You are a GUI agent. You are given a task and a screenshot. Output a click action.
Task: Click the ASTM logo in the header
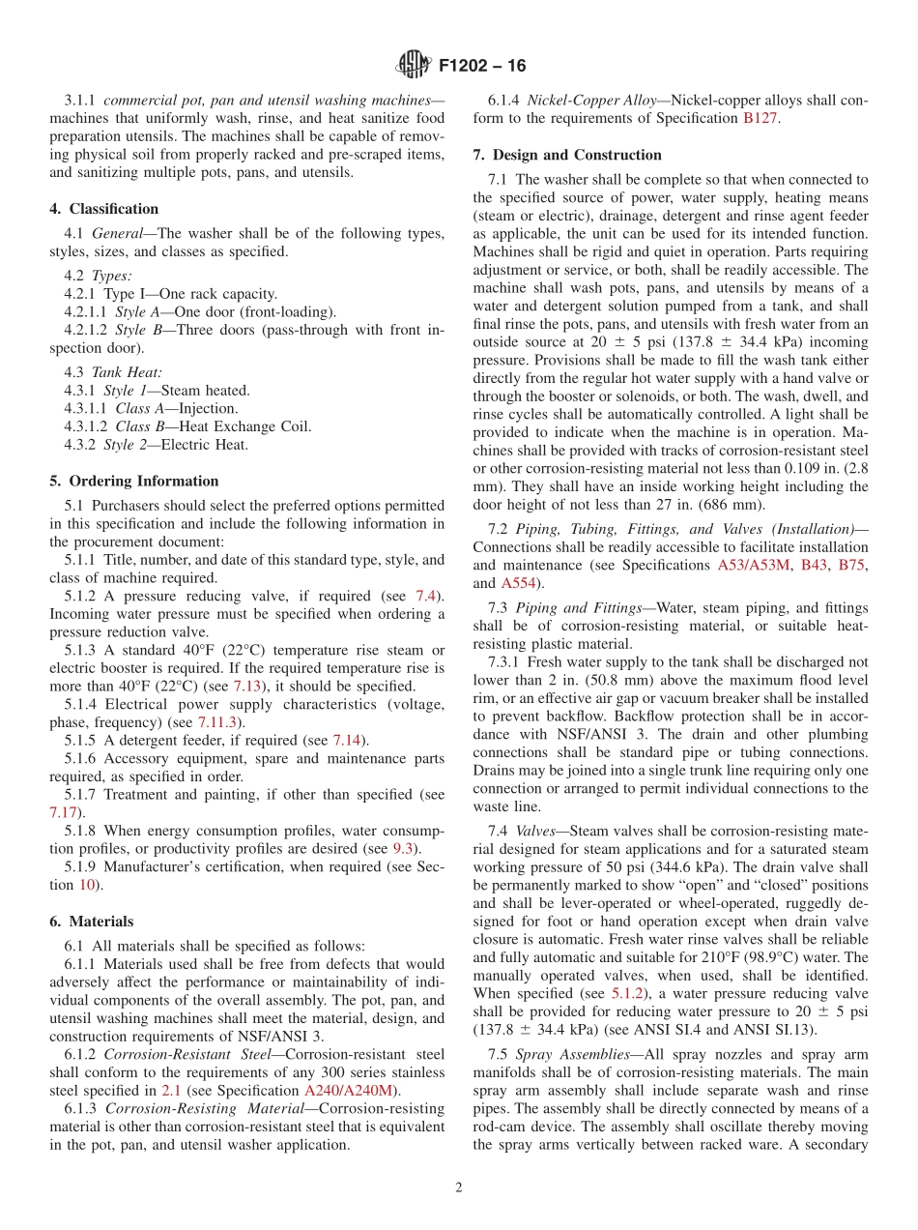pos(413,66)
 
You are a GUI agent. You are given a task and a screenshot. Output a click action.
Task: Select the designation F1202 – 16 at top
pos(482,67)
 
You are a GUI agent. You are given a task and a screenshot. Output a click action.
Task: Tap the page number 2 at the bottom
pos(459,1187)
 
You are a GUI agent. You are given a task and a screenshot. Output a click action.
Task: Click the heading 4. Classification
pos(103,209)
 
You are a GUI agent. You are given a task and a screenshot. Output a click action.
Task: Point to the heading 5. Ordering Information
pos(133,481)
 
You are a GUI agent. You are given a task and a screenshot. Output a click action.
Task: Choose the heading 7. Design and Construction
pos(567,155)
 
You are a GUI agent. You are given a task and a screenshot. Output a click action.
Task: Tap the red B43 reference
pos(814,565)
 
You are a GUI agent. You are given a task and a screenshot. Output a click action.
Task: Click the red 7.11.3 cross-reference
pos(219,721)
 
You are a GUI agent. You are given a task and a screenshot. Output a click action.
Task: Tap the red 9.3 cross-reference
pos(404,848)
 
